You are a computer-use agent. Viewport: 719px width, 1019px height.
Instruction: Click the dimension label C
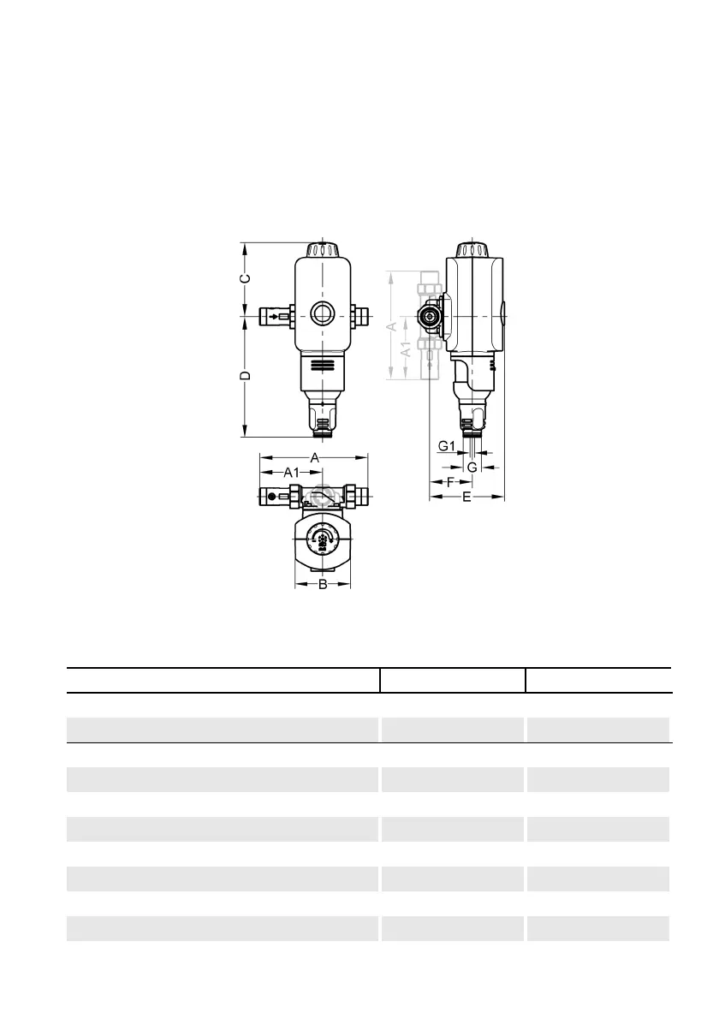(x=245, y=279)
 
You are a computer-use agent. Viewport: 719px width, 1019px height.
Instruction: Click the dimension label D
(x=245, y=376)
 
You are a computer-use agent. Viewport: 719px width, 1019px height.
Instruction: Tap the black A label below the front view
(x=315, y=458)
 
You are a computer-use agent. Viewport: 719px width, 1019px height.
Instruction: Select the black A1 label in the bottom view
(x=291, y=473)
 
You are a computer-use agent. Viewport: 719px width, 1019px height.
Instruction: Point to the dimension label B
(x=323, y=585)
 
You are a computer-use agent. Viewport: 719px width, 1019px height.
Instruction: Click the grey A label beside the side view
(x=392, y=326)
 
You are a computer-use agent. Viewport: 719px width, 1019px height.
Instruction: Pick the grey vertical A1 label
(x=405, y=349)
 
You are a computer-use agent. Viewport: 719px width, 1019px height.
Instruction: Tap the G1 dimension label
(x=447, y=446)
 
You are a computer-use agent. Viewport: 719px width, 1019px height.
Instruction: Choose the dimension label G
(x=472, y=468)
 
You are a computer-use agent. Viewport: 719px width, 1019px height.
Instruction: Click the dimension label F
(x=450, y=482)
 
